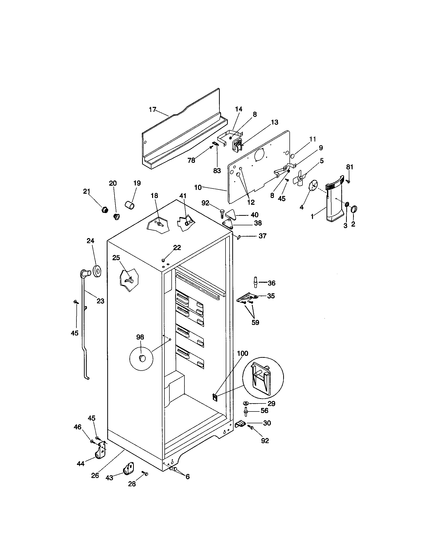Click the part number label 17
[x=152, y=110]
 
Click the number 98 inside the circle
[x=140, y=337]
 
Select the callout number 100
[x=243, y=353]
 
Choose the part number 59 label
[x=255, y=322]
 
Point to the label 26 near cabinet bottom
[x=95, y=475]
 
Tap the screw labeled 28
[x=145, y=473]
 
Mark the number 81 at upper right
[x=350, y=167]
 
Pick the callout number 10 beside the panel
[x=198, y=187]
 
